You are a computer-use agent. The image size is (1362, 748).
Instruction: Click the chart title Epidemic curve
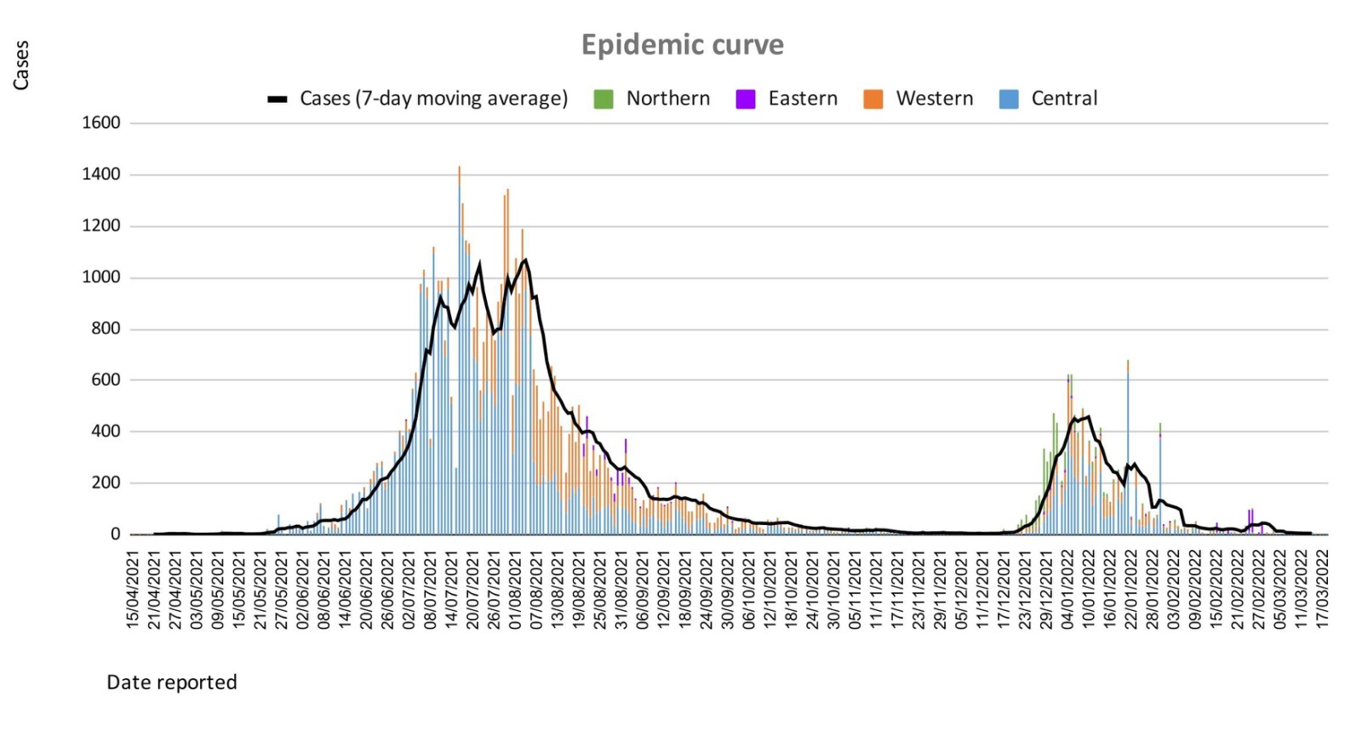tap(682, 44)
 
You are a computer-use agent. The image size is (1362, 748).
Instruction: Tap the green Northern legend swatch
tap(604, 100)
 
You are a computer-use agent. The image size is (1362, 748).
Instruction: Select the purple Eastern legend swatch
tap(746, 100)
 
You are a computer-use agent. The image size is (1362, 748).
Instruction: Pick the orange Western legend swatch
tap(873, 100)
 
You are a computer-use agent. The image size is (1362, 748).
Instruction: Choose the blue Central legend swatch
tap(1009, 100)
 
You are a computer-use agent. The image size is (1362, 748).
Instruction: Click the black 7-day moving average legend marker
tap(278, 100)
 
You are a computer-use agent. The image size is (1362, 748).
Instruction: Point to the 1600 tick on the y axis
tap(101, 123)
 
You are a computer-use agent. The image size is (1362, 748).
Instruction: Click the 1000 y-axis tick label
tap(101, 277)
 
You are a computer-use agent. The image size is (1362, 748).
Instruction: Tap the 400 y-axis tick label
tap(106, 431)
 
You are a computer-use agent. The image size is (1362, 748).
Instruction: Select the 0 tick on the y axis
tap(115, 534)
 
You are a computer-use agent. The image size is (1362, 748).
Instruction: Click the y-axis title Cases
tap(20, 66)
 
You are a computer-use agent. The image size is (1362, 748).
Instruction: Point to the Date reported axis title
tap(172, 682)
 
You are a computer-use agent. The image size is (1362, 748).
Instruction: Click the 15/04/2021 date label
tap(133, 589)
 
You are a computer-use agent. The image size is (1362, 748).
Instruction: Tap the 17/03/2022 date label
tap(1322, 589)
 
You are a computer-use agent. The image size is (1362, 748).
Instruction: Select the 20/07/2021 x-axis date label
tap(472, 589)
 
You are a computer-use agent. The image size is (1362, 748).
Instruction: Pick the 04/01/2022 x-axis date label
tap(1067, 589)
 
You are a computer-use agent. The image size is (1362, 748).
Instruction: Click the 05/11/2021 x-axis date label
tap(855, 589)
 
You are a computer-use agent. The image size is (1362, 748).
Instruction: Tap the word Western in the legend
tap(934, 99)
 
